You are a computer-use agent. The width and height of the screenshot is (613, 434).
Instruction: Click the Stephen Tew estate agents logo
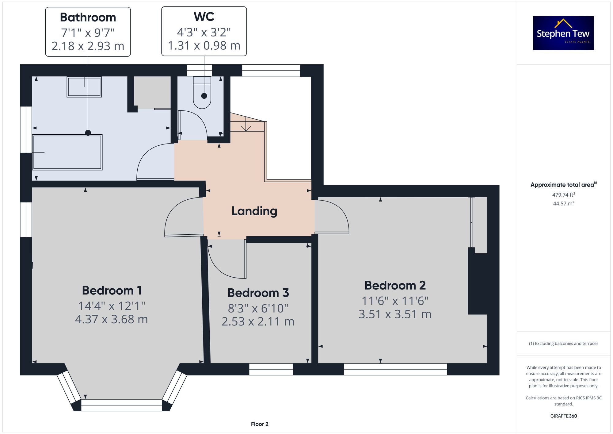563,33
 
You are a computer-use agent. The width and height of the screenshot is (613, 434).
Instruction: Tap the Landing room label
254,211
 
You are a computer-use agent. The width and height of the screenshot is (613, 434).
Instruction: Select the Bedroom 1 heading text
112,290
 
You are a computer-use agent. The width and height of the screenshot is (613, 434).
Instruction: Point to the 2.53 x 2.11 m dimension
258,321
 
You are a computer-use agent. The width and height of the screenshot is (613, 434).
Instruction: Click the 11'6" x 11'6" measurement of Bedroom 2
395,301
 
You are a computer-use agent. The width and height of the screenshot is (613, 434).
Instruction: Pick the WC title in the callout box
204,17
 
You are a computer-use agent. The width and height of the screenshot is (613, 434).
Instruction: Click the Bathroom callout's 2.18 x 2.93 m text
88,46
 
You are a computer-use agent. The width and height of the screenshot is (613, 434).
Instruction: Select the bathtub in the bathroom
67,152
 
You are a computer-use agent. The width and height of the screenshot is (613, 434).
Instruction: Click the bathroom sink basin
84,87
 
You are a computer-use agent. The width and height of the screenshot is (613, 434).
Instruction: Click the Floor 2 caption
259,424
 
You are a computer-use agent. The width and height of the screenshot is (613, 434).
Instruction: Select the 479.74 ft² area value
563,195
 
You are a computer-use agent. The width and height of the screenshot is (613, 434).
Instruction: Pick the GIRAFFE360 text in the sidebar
563,416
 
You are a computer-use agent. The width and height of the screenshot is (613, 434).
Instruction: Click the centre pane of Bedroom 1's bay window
121,405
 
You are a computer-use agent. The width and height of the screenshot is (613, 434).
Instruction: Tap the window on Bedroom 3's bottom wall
271,369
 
